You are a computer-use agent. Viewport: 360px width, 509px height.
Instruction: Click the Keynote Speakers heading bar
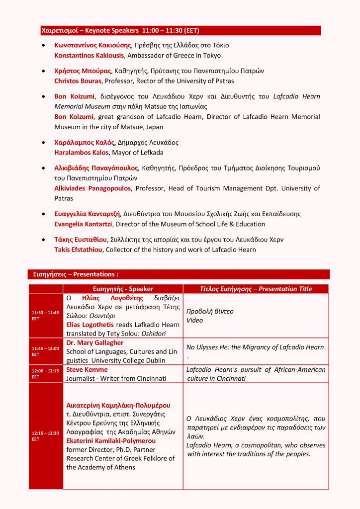pyautogui.click(x=180, y=31)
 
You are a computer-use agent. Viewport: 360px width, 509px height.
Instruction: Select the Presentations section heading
pyautogui.click(x=179, y=274)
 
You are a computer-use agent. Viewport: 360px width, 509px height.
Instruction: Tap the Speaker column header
pyautogui.click(x=123, y=289)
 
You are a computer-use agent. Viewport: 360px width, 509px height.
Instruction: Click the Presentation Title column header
pyautogui.click(x=256, y=289)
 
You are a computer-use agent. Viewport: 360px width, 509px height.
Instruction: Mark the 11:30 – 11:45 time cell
pyautogui.click(x=45, y=315)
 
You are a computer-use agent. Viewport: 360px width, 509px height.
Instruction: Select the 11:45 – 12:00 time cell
pyautogui.click(x=45, y=351)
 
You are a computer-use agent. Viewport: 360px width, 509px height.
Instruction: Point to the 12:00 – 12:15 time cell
pyautogui.click(x=45, y=374)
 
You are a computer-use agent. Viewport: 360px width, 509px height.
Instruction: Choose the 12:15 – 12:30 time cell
pyautogui.click(x=45, y=436)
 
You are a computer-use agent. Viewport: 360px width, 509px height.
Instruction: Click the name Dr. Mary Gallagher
pyautogui.click(x=94, y=342)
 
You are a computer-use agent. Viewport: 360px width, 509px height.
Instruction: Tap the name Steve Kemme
pyautogui.click(x=87, y=369)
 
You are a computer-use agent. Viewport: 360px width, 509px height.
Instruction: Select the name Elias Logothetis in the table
pyautogui.click(x=92, y=325)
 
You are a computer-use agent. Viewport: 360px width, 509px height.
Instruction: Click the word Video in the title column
pyautogui.click(x=194, y=320)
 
